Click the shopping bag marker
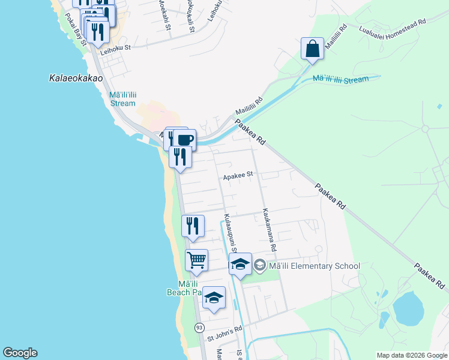tap(313, 49)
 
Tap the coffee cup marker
tap(185, 140)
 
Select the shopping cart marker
tap(196, 260)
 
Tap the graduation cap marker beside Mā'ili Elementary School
tap(240, 264)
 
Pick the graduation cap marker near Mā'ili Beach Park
tap(214, 298)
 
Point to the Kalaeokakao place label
tap(76, 78)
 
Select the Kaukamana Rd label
tap(268, 230)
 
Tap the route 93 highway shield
tap(199, 328)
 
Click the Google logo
tap(19, 353)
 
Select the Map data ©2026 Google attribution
tap(412, 355)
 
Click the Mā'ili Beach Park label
tap(182, 287)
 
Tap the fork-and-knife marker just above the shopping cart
tap(193, 226)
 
